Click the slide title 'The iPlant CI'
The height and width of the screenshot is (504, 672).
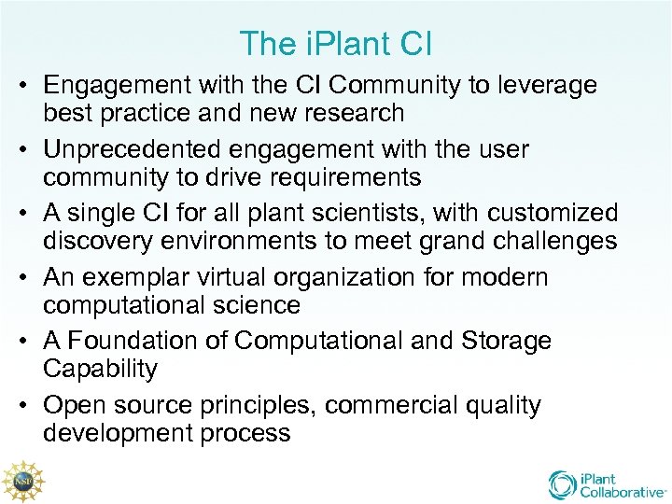[336, 43]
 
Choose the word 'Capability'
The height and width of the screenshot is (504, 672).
[100, 369]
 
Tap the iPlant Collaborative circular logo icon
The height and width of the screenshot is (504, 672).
[563, 484]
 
